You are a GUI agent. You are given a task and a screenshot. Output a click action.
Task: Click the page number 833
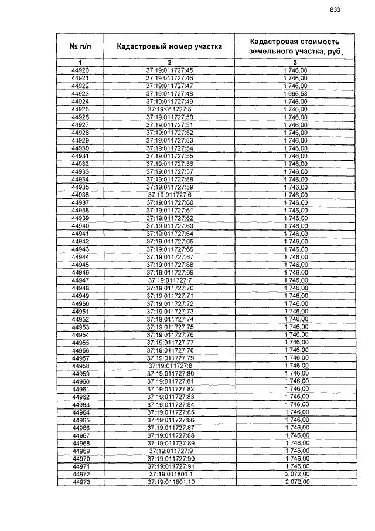coord(335,9)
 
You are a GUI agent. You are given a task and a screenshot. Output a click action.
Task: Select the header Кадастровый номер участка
coord(169,46)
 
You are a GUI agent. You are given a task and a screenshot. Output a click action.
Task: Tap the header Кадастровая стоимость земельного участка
coord(295,46)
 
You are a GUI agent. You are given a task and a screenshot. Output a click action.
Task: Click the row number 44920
coord(80,70)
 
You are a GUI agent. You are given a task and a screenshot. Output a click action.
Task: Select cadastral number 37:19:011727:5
coord(169,109)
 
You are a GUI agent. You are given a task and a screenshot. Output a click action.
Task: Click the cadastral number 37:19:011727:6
coord(169,195)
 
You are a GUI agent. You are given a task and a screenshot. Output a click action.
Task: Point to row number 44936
coord(80,195)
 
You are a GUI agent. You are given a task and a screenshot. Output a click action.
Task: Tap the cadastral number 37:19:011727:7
coord(169,280)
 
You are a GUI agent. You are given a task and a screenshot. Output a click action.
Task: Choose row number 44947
coord(80,280)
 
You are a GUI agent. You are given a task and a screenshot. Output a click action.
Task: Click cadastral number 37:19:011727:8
coord(170,366)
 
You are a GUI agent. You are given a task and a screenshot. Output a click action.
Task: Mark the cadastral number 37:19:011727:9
coord(170,451)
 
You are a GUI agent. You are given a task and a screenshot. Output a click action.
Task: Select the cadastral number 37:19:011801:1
coord(170,474)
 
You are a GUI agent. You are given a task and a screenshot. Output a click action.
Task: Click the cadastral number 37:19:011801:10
coord(170,482)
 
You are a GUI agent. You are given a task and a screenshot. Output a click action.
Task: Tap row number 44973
coord(80,482)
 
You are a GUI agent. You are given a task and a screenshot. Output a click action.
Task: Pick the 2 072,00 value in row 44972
coord(296,474)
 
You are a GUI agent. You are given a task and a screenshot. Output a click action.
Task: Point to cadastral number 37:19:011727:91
coord(170,466)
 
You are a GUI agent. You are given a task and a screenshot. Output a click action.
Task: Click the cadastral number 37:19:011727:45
coord(169,70)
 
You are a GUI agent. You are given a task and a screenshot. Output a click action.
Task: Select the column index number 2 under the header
coord(169,62)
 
